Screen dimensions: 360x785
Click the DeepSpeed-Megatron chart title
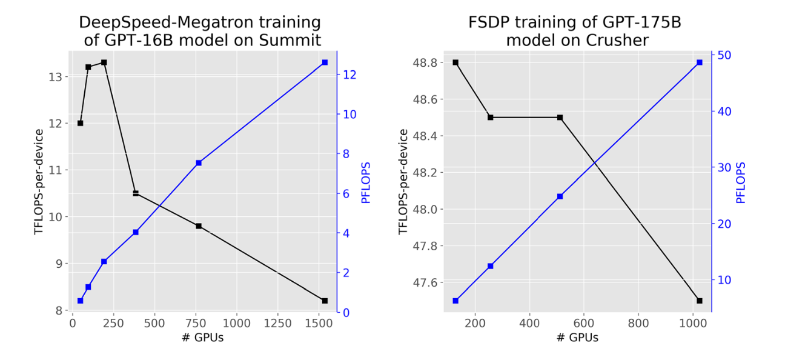(200, 32)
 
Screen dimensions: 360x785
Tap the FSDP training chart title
(575, 32)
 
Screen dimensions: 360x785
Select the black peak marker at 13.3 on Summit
(104, 62)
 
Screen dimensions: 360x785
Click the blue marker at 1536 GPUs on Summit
(325, 62)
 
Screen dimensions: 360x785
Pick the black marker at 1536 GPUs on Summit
(325, 301)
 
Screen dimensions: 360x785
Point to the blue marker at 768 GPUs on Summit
(199, 163)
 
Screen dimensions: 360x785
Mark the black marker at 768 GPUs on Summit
(199, 226)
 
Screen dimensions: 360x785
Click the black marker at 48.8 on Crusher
(455, 62)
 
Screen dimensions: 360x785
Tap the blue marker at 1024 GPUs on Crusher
(700, 62)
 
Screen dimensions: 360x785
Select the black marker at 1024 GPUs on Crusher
(700, 301)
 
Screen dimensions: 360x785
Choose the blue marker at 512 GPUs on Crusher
(560, 196)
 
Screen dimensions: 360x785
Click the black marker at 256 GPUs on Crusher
(491, 117)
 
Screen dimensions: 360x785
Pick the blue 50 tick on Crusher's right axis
(724, 55)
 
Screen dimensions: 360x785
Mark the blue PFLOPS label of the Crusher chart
(740, 182)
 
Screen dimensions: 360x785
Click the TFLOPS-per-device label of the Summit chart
(39, 182)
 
